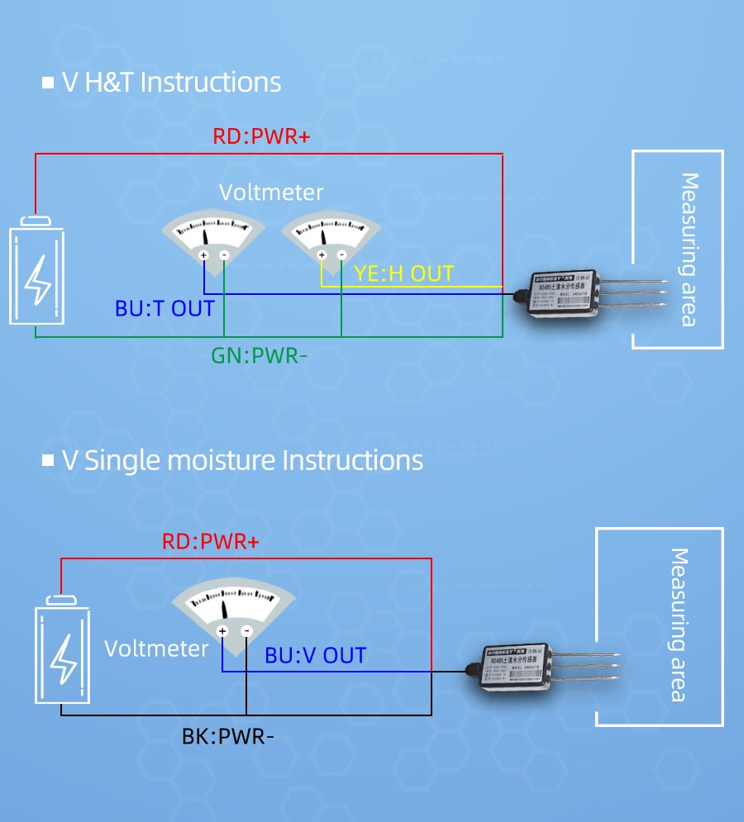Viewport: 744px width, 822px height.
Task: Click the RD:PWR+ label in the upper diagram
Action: click(x=261, y=136)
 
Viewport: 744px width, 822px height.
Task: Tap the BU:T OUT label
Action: click(x=165, y=309)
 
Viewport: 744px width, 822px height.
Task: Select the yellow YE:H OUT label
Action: click(x=403, y=274)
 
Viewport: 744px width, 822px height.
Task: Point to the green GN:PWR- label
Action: click(x=259, y=356)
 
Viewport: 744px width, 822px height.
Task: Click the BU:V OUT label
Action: click(x=315, y=656)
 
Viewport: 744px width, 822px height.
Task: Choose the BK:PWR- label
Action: click(x=227, y=735)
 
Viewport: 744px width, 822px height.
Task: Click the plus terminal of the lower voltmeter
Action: click(x=222, y=631)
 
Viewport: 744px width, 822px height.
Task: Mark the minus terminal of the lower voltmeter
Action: click(x=246, y=631)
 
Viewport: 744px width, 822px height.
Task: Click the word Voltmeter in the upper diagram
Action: click(x=271, y=192)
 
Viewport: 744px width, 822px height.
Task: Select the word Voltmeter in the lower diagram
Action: click(x=156, y=649)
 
